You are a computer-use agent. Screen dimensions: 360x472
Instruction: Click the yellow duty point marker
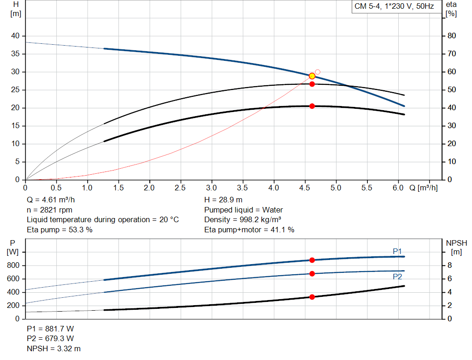[x=312, y=76]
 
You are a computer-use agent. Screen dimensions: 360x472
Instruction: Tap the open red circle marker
[x=318, y=72]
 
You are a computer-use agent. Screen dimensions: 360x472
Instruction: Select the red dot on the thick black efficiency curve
[x=312, y=106]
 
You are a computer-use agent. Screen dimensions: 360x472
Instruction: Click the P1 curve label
[x=397, y=251]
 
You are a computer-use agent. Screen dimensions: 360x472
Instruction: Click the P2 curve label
[x=397, y=277]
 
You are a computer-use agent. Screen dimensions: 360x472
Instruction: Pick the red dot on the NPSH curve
[x=312, y=297]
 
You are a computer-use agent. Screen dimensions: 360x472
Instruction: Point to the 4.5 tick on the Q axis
[x=305, y=188]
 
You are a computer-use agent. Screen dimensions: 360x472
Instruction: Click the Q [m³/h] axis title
[x=423, y=188]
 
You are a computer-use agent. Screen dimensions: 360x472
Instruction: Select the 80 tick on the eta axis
[x=452, y=36]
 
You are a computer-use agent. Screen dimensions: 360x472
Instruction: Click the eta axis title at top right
[x=451, y=5]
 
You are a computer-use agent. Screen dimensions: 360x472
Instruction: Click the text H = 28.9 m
[x=223, y=200]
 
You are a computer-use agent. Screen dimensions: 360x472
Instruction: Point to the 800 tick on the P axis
[x=13, y=266]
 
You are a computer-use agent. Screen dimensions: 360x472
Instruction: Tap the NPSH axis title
[x=456, y=243]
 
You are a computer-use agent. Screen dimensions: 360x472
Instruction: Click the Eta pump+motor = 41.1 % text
[x=249, y=230]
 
